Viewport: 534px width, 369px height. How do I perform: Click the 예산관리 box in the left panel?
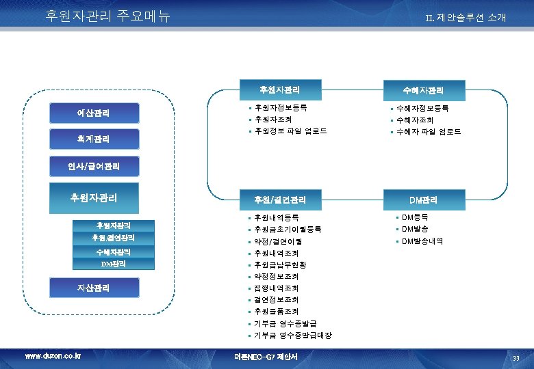click(94, 113)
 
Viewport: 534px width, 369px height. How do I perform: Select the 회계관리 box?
click(94, 139)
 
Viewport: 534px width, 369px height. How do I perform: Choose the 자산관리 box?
click(94, 288)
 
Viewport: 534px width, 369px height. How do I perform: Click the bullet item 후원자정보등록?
click(280, 108)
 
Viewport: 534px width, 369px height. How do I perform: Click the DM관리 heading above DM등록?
click(424, 200)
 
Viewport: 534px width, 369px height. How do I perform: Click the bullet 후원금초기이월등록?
click(288, 230)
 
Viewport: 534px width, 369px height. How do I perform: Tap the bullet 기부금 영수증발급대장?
click(292, 336)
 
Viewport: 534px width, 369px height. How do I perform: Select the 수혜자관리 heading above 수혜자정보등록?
click(424, 90)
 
